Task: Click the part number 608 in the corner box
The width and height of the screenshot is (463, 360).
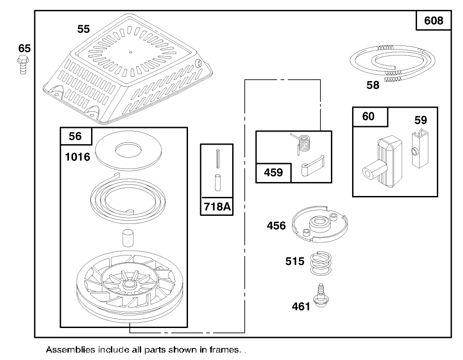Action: (434, 21)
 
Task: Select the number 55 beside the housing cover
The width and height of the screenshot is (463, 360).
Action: (83, 29)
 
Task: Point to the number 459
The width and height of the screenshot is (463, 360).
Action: (273, 173)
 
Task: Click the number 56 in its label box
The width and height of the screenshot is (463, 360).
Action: (76, 136)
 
